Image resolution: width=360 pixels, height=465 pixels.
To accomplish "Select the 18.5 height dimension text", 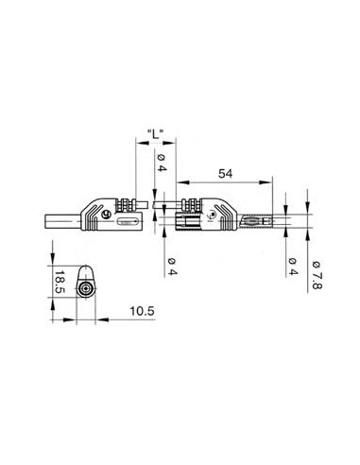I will [x=59, y=283].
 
